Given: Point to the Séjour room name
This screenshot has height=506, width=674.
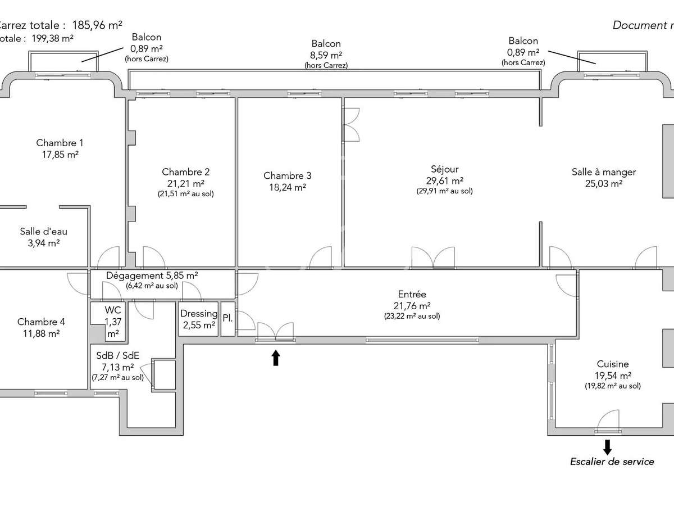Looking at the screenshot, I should click(x=444, y=169).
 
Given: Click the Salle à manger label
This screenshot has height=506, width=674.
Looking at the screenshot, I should click(x=604, y=172).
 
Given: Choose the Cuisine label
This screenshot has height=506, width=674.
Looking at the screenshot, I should click(x=613, y=364).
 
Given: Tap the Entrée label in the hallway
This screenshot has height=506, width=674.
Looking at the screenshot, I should click(x=412, y=295).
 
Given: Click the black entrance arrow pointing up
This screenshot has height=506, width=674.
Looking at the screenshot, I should click(x=275, y=358).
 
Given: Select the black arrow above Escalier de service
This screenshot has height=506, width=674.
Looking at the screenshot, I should click(x=607, y=447).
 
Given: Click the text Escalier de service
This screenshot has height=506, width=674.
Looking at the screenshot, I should click(x=612, y=462).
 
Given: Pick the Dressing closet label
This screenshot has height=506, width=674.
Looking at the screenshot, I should click(x=198, y=314).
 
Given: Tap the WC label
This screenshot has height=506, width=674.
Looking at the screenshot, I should click(x=113, y=310).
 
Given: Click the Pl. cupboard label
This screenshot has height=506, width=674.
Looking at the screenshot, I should click(x=227, y=318).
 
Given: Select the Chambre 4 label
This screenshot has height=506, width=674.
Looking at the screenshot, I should click(x=41, y=322).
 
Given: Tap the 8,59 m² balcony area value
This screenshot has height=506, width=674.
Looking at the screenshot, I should click(x=326, y=55).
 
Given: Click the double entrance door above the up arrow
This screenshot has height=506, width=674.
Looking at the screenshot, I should click(x=275, y=332).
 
